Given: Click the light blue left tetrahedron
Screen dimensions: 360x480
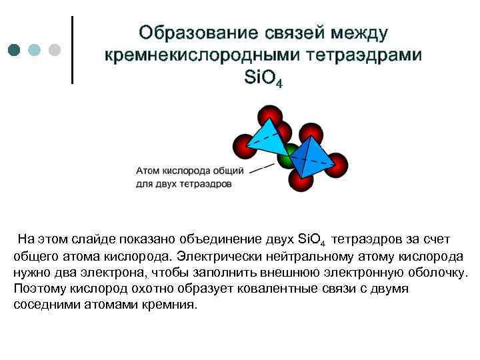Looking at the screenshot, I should tap(264, 140).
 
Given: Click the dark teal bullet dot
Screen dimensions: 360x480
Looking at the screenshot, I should tap(15, 50).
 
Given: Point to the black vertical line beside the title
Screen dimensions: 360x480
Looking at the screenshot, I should tap(71, 50).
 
